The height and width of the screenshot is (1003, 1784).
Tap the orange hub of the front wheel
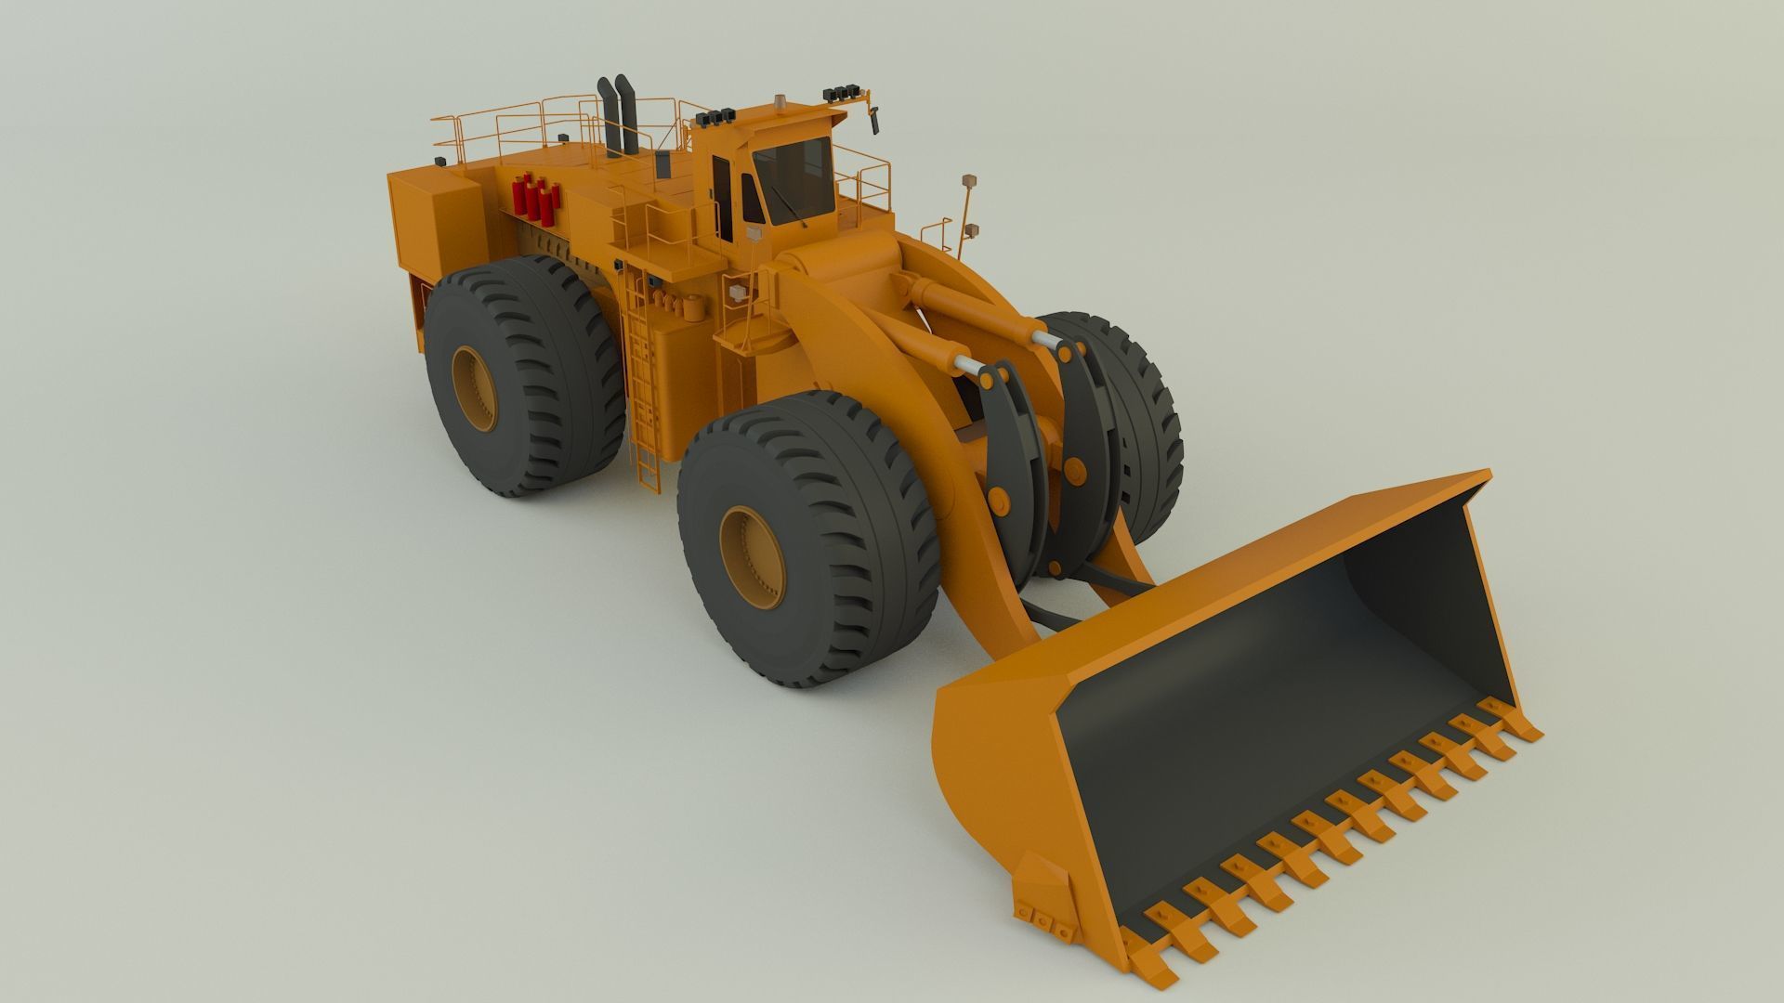pyautogui.click(x=752, y=557)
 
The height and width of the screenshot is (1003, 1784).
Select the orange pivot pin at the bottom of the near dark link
pyautogui.click(x=1001, y=501)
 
